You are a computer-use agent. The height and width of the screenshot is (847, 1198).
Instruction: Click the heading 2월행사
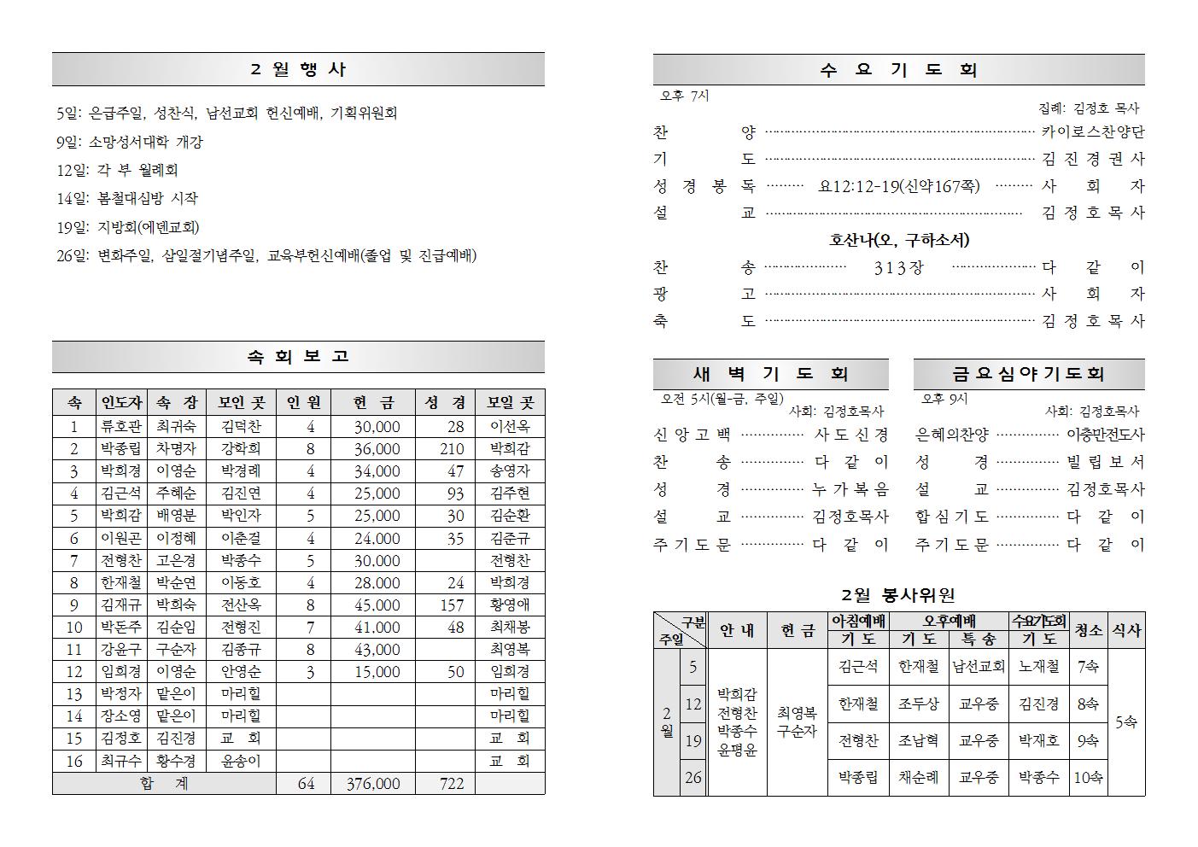(x=298, y=69)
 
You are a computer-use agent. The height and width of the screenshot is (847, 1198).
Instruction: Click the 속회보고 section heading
(x=298, y=357)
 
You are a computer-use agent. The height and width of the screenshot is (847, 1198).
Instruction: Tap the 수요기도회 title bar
(x=898, y=70)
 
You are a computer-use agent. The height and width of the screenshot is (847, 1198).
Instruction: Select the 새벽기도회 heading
(x=770, y=374)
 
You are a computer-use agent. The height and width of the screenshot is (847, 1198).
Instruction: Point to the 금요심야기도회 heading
(x=1029, y=374)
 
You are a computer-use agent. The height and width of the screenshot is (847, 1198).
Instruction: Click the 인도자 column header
(x=120, y=403)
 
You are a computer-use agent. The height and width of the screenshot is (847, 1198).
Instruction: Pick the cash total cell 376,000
(x=373, y=783)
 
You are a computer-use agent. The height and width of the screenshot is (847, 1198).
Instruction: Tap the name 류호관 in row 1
(x=120, y=427)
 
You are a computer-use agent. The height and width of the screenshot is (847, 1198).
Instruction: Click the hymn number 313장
(x=898, y=267)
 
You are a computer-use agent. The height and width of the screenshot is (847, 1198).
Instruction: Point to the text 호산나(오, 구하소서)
(x=898, y=240)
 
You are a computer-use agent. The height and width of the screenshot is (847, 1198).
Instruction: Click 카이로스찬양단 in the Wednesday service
(x=1092, y=131)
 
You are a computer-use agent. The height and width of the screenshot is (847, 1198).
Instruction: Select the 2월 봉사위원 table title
(x=898, y=595)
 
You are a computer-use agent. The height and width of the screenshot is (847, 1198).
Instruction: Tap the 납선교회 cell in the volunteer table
(x=979, y=667)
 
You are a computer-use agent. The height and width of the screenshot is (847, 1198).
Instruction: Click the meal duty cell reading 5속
(x=1125, y=722)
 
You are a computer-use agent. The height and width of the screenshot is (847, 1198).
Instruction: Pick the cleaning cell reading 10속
(x=1088, y=777)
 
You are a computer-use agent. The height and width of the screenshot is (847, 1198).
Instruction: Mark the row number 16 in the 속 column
(x=74, y=761)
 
